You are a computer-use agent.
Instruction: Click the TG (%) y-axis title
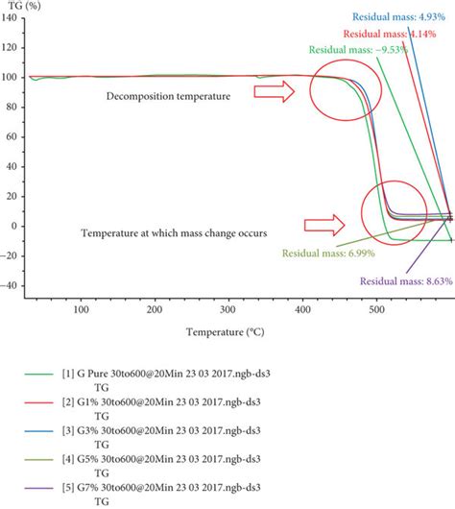[x=23, y=8]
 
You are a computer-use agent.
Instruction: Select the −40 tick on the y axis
[x=12, y=286]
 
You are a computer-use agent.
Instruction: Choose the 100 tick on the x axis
[x=81, y=309]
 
